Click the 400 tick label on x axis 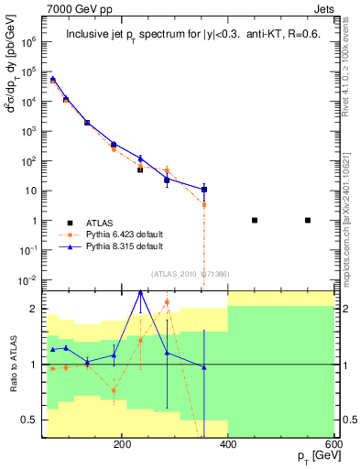point(228,443)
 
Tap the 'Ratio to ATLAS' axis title point(12,365)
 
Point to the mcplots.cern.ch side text point(352,220)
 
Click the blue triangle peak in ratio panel point(140,291)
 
